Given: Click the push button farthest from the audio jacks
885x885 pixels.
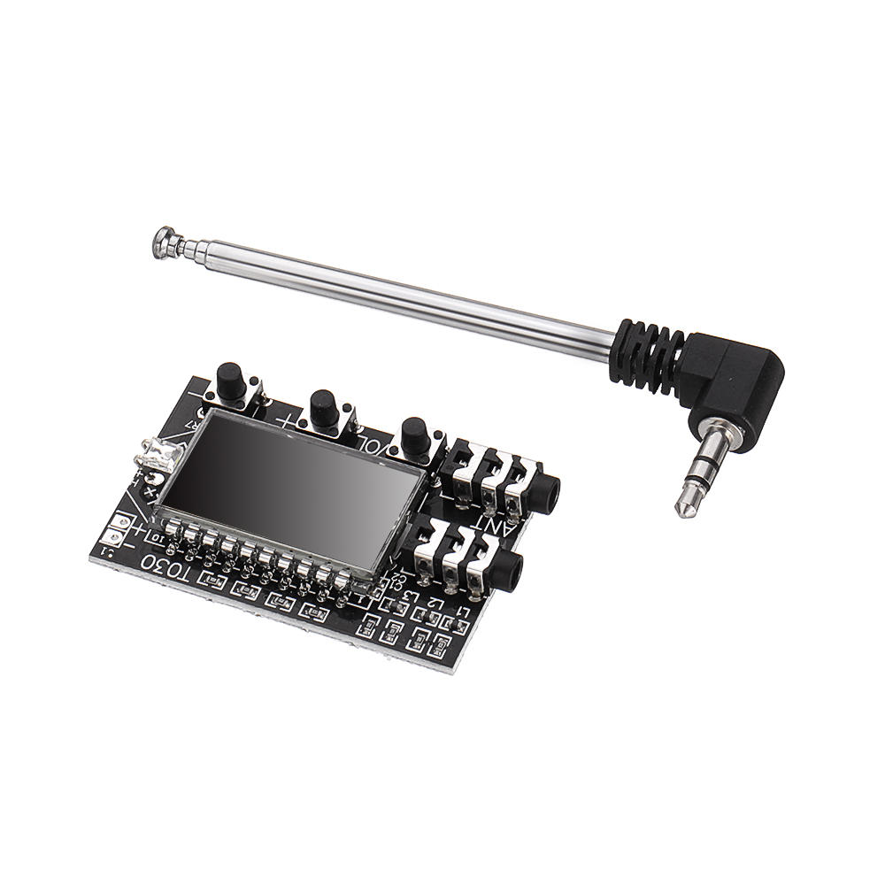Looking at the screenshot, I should (232, 382).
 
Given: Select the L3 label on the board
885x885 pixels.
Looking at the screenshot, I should (410, 596).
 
